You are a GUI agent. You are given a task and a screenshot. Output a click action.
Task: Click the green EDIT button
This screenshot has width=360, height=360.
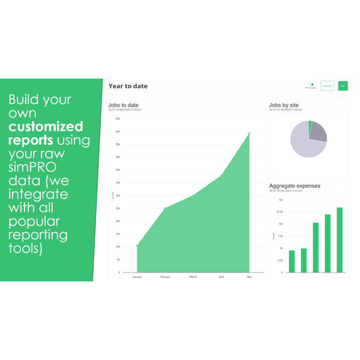(343, 86)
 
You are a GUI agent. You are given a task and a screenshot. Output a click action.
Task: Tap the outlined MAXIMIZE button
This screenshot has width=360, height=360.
(327, 86)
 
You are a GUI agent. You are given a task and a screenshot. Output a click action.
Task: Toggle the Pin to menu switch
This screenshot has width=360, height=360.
(311, 85)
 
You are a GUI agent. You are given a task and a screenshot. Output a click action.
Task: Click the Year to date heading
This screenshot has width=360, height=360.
(128, 86)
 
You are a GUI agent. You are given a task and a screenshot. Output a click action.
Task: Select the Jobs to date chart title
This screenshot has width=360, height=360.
(124, 105)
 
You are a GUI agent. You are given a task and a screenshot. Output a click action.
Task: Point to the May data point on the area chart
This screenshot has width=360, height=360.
(250, 133)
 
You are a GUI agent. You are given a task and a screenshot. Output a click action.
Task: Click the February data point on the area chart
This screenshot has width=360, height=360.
(165, 208)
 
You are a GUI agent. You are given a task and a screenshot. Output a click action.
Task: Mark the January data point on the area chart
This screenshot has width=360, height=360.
(137, 246)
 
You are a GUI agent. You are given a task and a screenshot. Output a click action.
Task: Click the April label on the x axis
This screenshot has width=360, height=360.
(221, 277)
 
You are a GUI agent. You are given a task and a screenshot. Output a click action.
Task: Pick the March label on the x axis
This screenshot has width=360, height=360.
(193, 277)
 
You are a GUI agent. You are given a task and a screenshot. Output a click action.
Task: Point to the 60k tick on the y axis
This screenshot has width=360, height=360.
(118, 119)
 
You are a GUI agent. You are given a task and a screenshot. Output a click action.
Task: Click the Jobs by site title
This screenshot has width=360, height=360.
(284, 105)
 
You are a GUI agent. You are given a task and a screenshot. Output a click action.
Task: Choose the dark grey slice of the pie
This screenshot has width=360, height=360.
(319, 132)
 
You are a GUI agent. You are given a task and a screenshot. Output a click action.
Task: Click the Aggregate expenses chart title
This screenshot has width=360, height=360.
(295, 186)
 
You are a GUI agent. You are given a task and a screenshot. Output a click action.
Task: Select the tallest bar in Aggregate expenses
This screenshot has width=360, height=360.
(340, 240)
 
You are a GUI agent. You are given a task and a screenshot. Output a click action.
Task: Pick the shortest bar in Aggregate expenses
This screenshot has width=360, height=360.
(292, 261)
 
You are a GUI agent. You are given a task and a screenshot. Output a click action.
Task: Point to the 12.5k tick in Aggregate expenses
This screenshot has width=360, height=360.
(280, 211)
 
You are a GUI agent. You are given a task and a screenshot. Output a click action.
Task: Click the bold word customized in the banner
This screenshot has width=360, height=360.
(46, 127)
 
